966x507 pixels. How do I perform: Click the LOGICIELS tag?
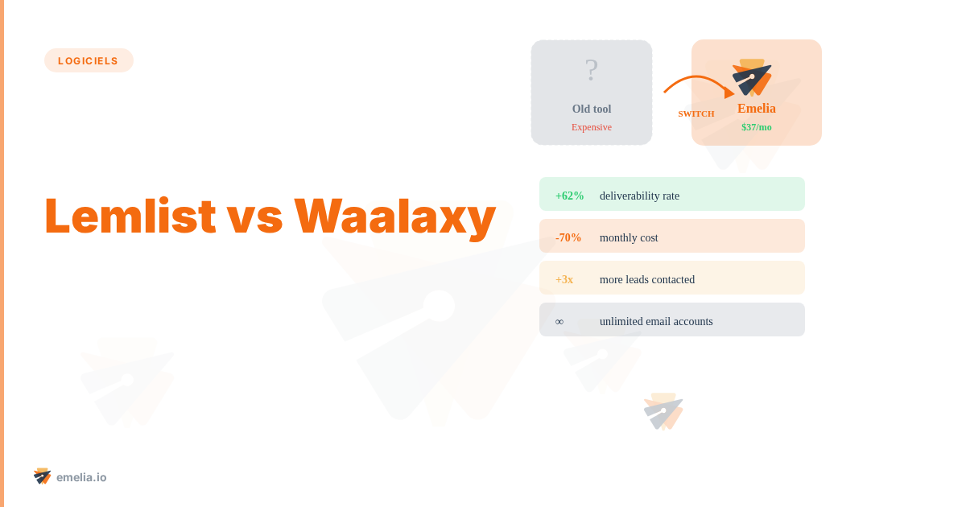coord(89,60)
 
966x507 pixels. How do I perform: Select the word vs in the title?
coord(254,217)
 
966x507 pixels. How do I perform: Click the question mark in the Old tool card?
coord(592,71)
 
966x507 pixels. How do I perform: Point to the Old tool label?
coord(592,109)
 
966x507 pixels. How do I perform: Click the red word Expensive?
coord(592,127)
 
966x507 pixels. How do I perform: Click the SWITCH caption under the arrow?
coord(696,114)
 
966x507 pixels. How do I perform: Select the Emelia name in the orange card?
coord(757,109)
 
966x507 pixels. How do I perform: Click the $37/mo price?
coord(757,127)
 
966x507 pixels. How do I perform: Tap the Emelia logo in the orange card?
coord(753,77)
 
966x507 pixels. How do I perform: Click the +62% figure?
coord(570,196)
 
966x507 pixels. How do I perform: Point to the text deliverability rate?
coord(639,196)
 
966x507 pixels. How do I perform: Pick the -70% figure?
coord(568,237)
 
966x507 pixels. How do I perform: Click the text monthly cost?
coord(629,237)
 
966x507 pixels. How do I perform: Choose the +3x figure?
coord(564,279)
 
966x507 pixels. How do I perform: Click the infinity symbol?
coord(559,321)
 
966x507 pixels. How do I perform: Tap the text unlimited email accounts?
coord(656,321)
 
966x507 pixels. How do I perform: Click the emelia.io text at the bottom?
coord(81,477)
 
